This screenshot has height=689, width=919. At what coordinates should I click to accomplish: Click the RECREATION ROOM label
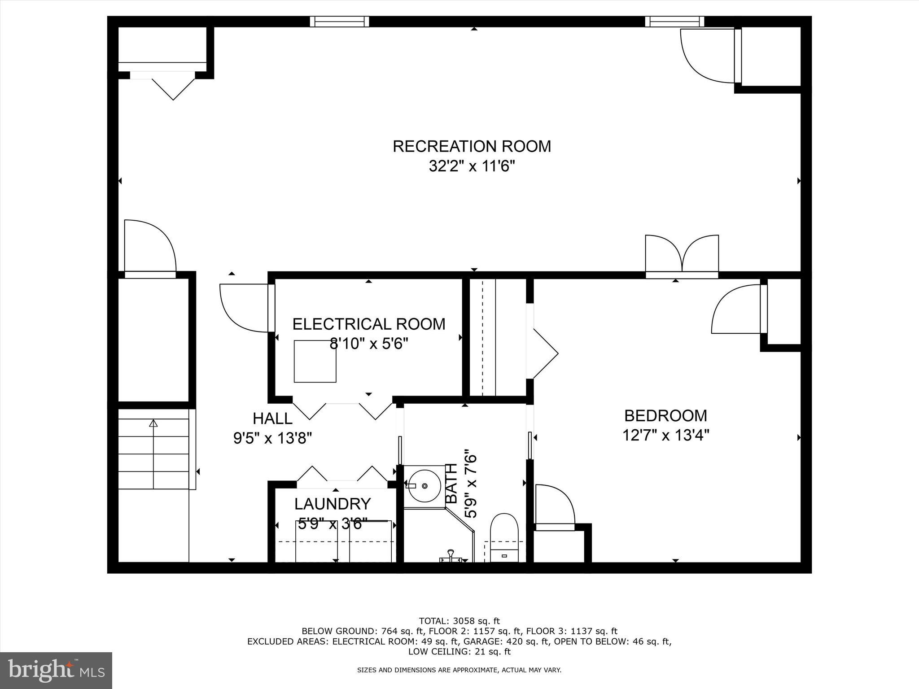[x=472, y=146]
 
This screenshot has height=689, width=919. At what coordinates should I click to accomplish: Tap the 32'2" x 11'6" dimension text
[x=472, y=166]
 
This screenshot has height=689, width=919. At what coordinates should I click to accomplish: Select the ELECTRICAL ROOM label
[x=369, y=324]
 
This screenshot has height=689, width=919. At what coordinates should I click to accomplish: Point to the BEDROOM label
[x=665, y=415]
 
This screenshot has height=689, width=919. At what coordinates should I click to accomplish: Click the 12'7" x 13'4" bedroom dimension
[x=665, y=435]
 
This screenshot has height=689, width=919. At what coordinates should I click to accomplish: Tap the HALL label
[x=272, y=418]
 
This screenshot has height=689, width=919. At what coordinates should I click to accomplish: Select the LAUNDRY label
[x=333, y=504]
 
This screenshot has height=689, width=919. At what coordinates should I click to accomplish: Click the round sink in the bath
[x=424, y=486]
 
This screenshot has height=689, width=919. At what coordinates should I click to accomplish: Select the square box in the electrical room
[x=315, y=361]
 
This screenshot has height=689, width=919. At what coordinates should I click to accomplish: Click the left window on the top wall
[x=339, y=22]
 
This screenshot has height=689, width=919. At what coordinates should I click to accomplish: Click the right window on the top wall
[x=674, y=22]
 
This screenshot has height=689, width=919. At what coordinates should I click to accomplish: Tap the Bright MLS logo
[x=56, y=671]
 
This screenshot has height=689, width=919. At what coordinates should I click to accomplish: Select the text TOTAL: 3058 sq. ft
[x=459, y=621]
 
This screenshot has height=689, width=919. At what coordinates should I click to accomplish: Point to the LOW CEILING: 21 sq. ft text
[x=459, y=651]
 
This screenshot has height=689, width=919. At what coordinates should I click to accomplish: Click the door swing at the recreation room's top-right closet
[x=707, y=56]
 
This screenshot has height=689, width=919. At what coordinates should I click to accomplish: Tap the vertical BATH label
[x=451, y=484]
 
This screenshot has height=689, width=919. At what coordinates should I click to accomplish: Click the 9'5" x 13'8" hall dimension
[x=272, y=437]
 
